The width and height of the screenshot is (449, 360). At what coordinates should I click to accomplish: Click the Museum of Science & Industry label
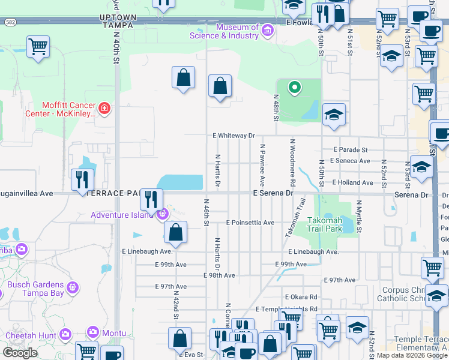[x=232, y=31]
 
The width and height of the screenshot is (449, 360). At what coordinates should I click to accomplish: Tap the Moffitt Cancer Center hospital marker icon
[x=104, y=109]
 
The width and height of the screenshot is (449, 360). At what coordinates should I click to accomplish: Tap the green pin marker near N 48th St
[x=294, y=88]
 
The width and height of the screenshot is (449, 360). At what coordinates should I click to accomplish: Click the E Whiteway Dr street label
[x=234, y=136]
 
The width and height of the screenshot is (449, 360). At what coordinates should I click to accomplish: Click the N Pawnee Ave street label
[x=262, y=164]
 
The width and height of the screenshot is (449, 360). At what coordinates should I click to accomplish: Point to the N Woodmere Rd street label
[x=292, y=163]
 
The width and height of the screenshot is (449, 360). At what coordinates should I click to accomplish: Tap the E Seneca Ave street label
[x=348, y=161]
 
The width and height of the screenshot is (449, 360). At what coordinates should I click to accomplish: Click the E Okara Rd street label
[x=301, y=297]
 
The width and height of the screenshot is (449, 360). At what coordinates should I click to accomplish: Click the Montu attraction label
[x=113, y=333]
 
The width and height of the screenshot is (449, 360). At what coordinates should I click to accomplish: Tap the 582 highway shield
[x=10, y=22]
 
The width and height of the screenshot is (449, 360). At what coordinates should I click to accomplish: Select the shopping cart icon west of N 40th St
[x=38, y=46]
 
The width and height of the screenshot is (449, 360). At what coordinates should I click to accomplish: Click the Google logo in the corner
[x=19, y=353]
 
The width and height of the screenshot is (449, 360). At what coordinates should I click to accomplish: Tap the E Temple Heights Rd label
[x=286, y=309]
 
